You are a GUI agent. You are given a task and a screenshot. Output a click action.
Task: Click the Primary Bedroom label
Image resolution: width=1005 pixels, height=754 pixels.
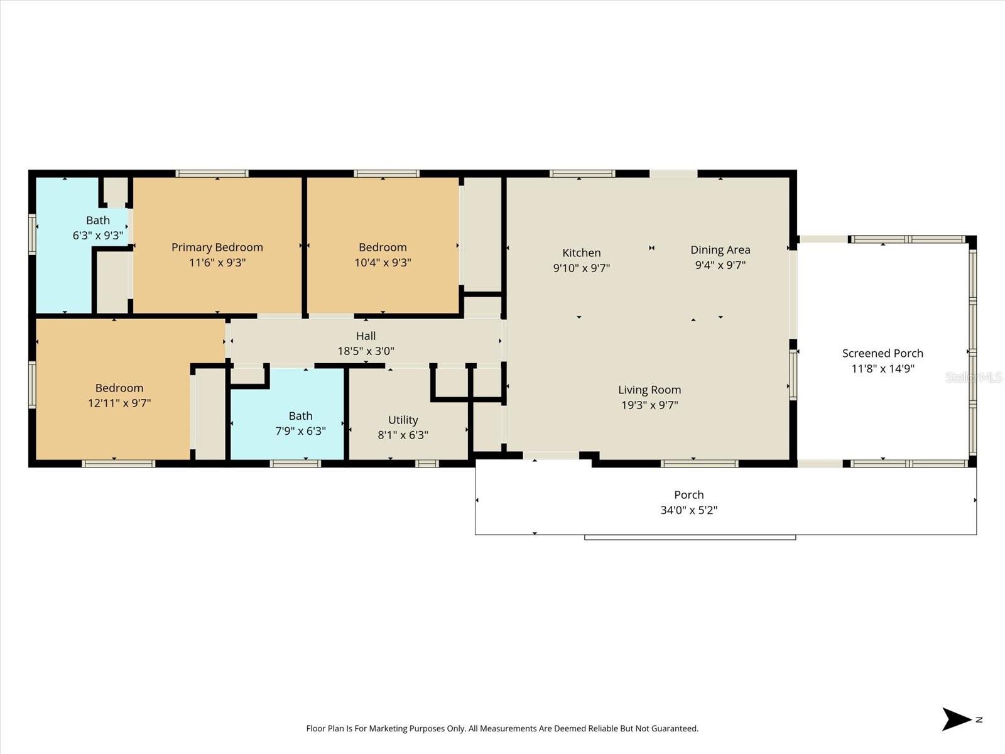(217, 247)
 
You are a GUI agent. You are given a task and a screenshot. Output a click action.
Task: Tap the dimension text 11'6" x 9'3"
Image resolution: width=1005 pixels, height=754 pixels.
(217, 263)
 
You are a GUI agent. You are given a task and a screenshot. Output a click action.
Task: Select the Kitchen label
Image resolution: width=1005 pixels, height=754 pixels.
(581, 253)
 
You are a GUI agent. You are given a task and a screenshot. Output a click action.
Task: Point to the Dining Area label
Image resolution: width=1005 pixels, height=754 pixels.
(720, 249)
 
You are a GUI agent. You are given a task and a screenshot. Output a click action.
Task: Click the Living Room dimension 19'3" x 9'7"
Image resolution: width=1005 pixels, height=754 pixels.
(649, 405)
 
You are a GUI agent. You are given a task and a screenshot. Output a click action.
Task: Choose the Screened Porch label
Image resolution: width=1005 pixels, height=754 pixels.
(883, 353)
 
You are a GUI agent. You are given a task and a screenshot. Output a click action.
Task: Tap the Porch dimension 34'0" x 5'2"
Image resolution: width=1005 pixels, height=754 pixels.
(688, 510)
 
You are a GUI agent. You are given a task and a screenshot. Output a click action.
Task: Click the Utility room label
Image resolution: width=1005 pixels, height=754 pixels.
(403, 420)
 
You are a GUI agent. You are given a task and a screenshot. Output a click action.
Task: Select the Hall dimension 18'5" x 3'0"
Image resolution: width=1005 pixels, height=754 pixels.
(366, 351)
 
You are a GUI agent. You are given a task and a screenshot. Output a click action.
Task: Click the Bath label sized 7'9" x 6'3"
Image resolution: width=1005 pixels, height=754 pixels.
(300, 416)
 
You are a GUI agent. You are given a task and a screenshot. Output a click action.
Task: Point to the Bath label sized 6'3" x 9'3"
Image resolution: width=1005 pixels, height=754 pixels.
(98, 220)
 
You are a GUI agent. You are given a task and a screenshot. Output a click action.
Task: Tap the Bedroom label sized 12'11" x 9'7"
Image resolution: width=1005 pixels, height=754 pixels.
(119, 388)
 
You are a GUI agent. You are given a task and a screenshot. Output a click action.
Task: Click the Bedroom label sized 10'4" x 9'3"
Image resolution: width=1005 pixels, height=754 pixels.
(383, 247)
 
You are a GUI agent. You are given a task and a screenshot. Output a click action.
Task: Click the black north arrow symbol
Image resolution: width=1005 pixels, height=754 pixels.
(956, 719)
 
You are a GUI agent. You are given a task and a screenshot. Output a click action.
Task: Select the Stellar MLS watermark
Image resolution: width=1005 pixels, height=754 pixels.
(973, 377)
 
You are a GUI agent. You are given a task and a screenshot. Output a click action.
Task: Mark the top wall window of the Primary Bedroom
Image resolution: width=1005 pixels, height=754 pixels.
(212, 173)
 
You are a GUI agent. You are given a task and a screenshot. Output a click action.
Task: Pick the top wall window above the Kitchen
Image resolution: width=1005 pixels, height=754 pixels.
(582, 173)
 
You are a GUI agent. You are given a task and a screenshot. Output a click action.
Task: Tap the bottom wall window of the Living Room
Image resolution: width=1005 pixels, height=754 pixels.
(698, 464)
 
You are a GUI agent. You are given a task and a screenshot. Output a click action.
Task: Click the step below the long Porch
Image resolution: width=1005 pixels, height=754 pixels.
(690, 537)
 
